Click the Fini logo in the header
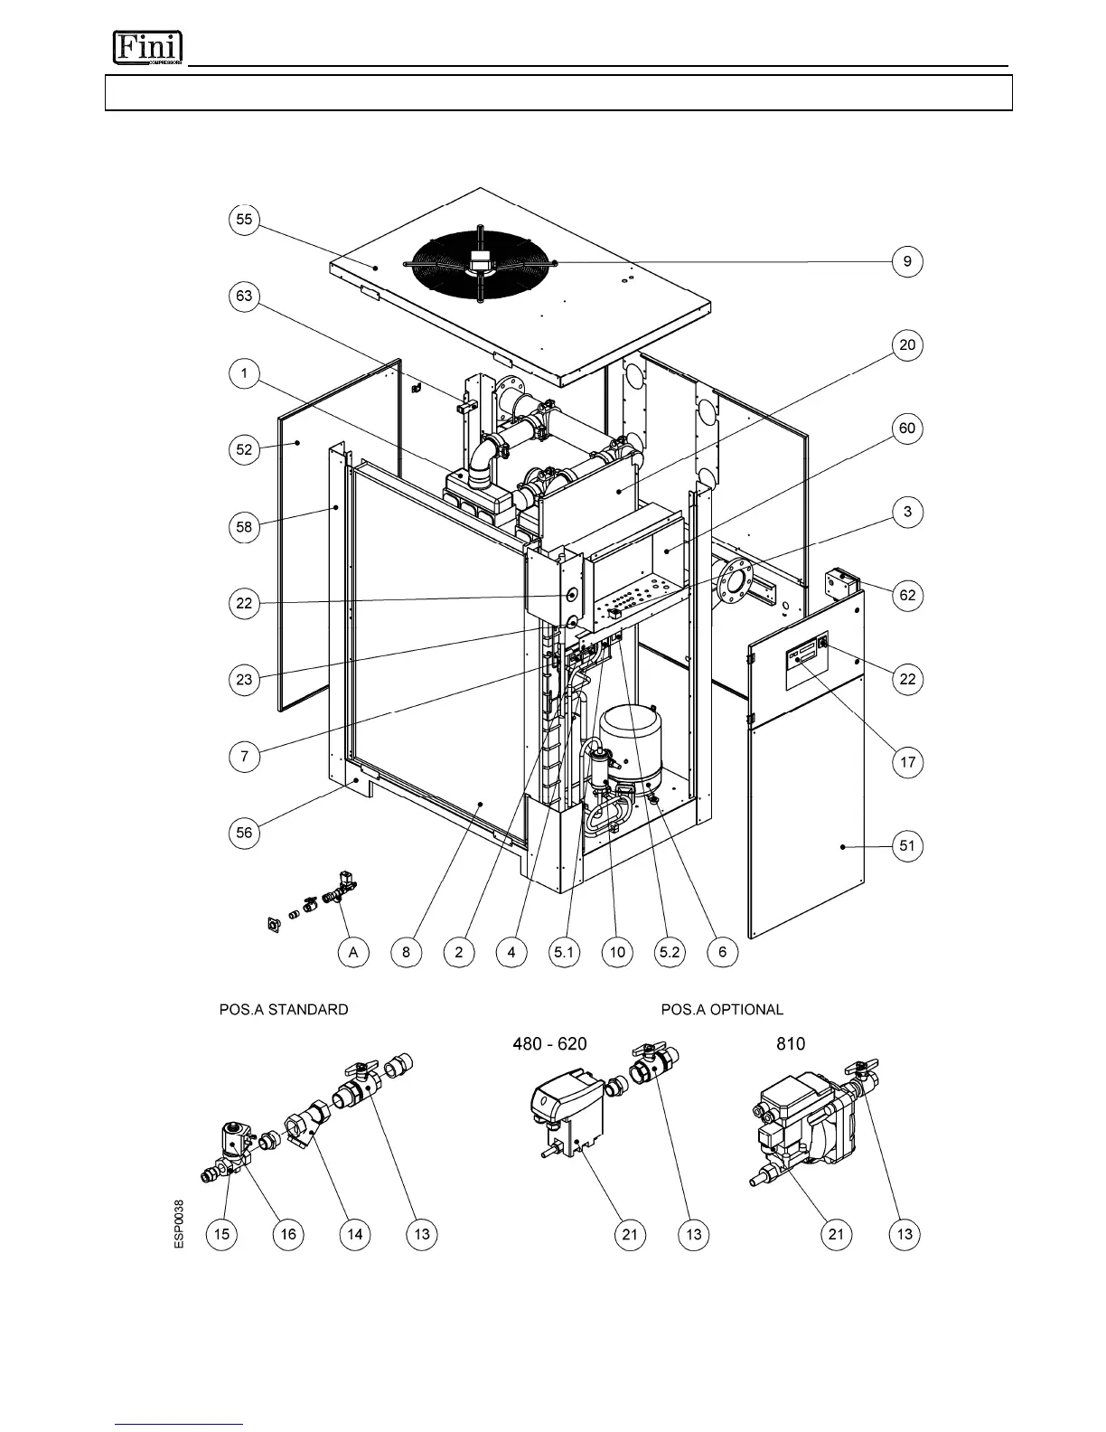point(147,48)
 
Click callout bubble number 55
point(244,220)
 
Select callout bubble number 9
point(907,262)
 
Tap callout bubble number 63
point(244,297)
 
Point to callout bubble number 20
point(907,345)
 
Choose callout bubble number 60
point(907,429)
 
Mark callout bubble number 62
point(907,595)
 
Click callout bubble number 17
point(907,762)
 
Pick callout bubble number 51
point(907,846)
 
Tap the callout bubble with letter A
point(353,952)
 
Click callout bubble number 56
point(244,833)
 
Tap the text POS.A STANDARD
point(284,1009)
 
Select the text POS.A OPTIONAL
point(722,1009)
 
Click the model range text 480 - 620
point(549,1043)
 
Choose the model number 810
point(791,1043)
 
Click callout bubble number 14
point(355,1234)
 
